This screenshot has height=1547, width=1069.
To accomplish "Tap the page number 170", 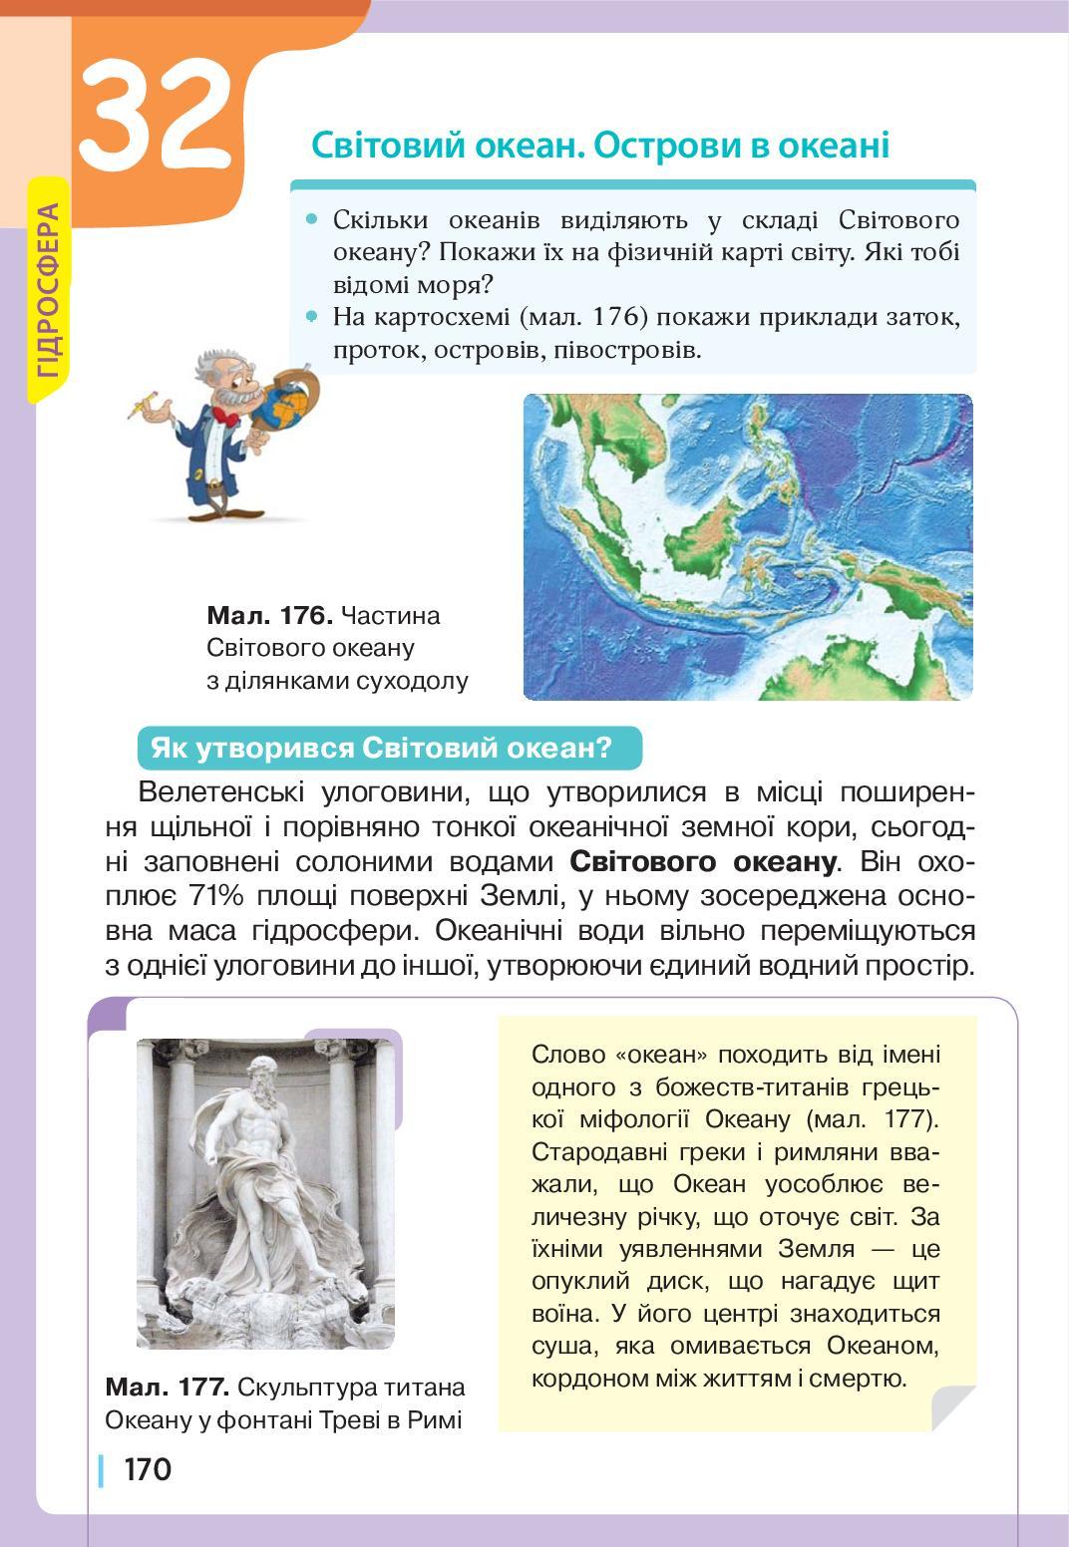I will pos(148,1469).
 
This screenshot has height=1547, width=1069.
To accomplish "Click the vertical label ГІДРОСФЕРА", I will pos(48,292).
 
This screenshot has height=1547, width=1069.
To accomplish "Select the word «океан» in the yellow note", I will pos(658,1055).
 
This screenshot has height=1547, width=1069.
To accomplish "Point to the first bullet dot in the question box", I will pos(313,218).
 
